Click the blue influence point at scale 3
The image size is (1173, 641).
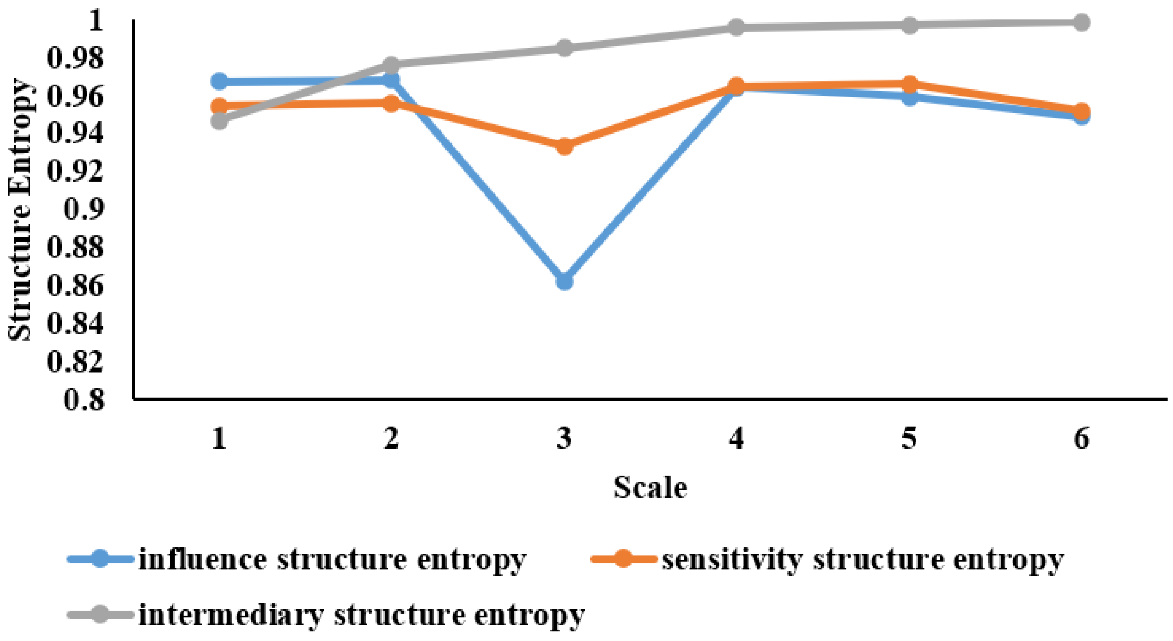564,281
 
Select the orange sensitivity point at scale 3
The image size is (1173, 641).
564,146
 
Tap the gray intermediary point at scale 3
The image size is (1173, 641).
564,48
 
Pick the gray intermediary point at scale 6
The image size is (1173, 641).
1081,22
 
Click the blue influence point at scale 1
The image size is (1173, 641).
219,81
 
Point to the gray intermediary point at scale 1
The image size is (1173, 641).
219,121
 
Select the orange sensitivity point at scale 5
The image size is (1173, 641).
909,84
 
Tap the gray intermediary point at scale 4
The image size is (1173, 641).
736,27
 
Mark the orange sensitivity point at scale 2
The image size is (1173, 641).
391,103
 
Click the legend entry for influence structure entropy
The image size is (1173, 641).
332,559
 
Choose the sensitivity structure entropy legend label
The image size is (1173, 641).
862,559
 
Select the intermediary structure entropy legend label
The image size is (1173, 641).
362,614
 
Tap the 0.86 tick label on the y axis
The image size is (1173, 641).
75,286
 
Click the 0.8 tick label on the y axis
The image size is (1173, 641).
84,399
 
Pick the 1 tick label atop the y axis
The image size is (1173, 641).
96,21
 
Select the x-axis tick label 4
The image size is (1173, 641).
736,438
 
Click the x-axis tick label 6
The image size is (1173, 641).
1081,438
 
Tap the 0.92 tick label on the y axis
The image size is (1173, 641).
75,171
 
